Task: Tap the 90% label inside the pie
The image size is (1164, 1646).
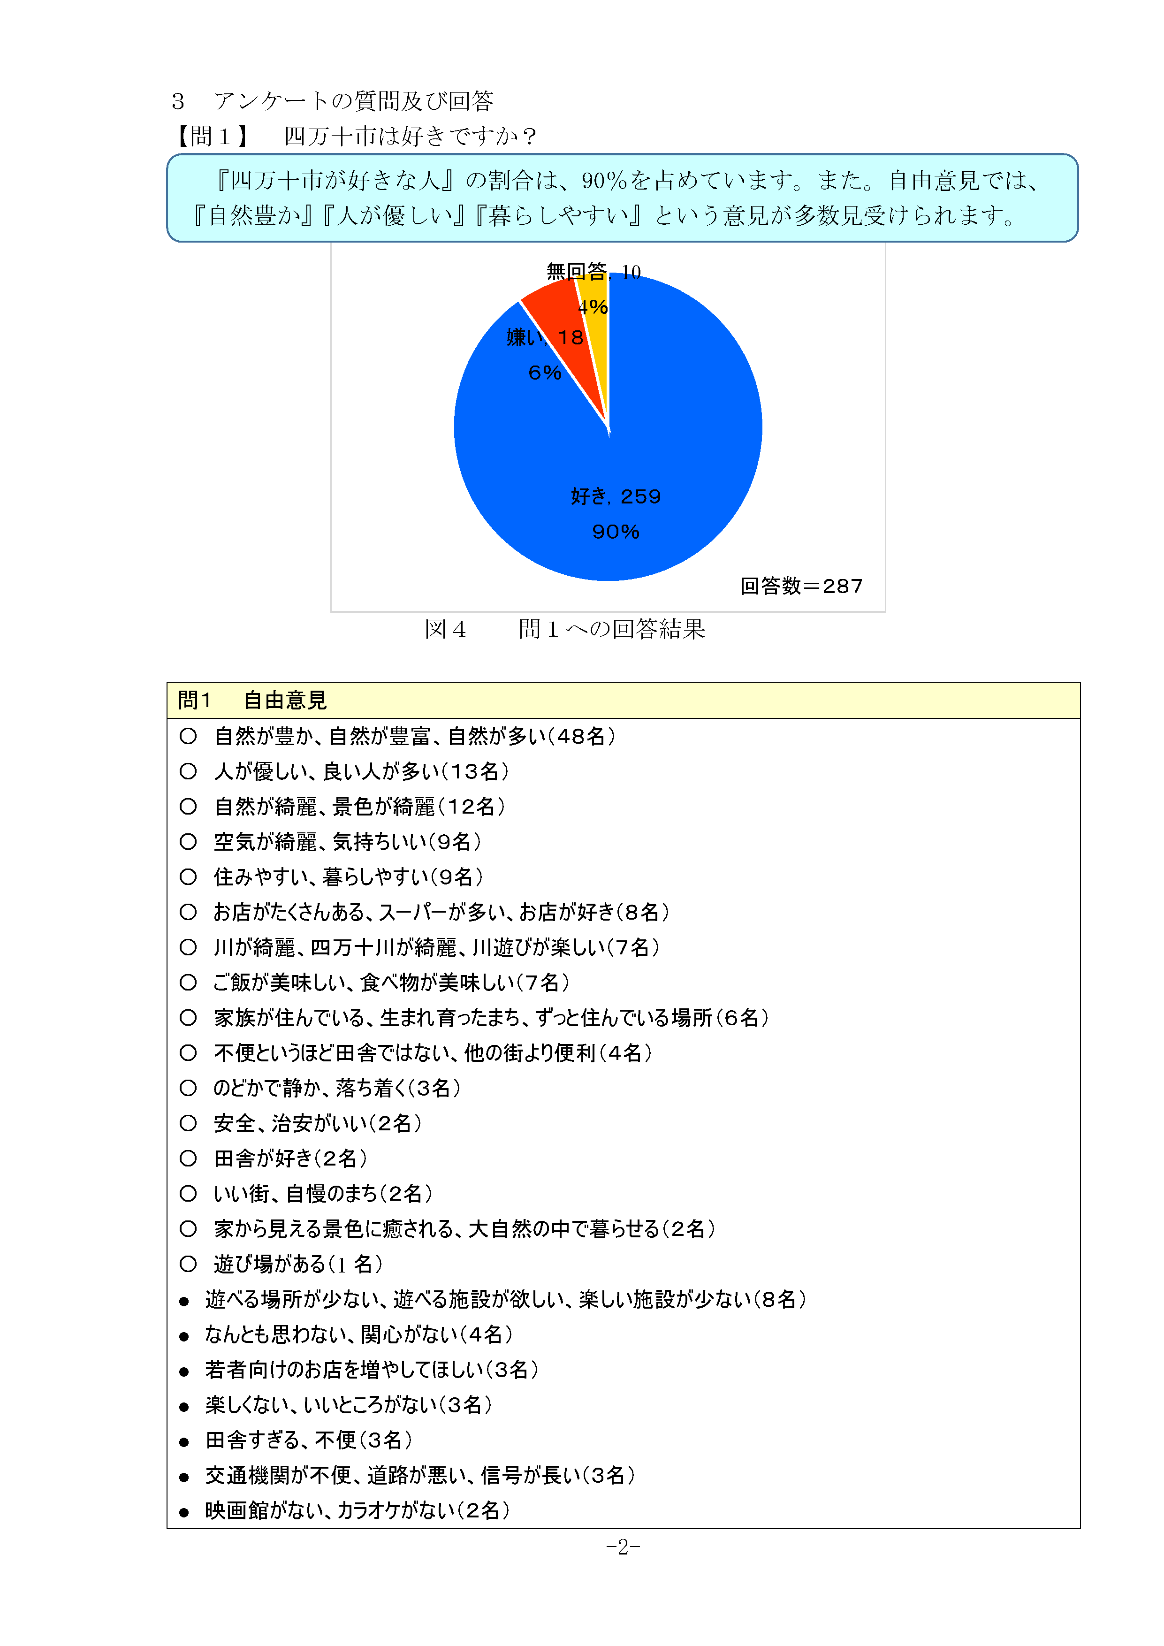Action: (616, 532)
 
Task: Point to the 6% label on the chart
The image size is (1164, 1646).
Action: (545, 373)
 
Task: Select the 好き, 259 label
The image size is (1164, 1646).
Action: (616, 496)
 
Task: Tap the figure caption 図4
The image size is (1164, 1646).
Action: (445, 629)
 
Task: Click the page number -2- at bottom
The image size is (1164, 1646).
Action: (623, 1547)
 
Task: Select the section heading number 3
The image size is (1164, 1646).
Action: (178, 101)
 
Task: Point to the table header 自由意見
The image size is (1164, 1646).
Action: (285, 701)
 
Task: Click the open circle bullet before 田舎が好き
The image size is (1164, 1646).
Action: (188, 1158)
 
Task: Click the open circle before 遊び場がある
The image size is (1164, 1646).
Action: (188, 1264)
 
